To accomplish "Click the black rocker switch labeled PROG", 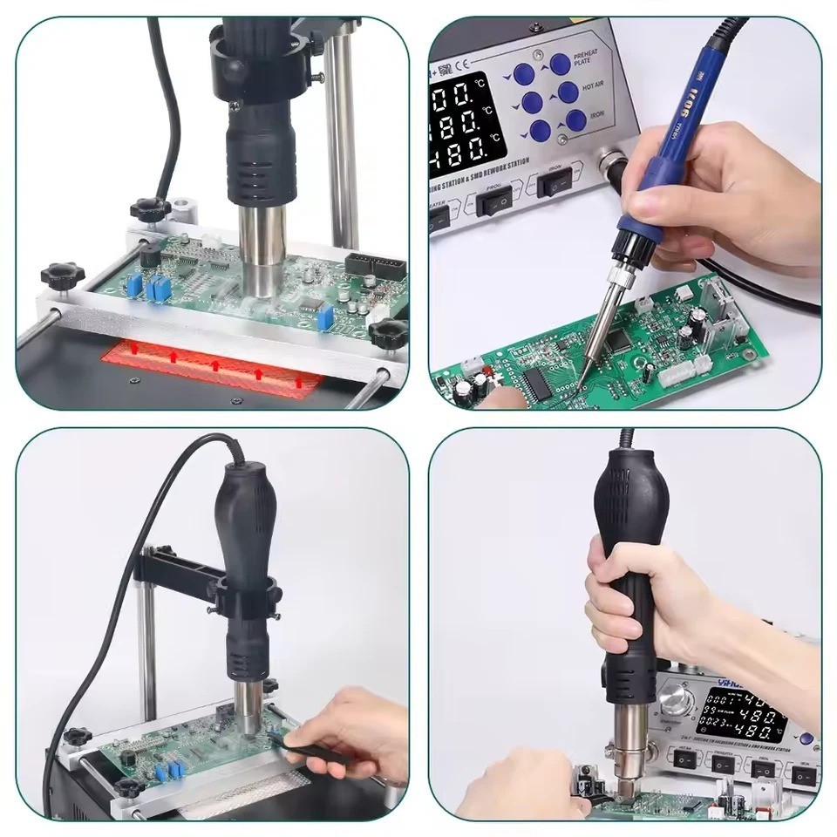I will pyautogui.click(x=493, y=202).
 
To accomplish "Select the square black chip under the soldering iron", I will pyautogui.click(x=620, y=337).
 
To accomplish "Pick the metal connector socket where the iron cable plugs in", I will pyautogui.click(x=609, y=165).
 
